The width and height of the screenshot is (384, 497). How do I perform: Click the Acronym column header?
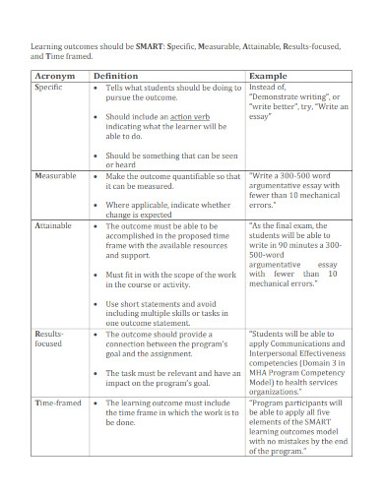pyautogui.click(x=54, y=75)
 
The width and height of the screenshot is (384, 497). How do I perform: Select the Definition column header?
pyautogui.click(x=114, y=75)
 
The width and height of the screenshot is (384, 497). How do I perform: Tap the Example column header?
pyautogui.click(x=269, y=75)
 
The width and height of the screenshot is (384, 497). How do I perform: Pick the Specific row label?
pyautogui.click(x=49, y=88)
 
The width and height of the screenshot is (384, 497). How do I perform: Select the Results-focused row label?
pyautogui.click(x=50, y=340)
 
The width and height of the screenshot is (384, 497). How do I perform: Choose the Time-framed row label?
pyautogui.click(x=57, y=403)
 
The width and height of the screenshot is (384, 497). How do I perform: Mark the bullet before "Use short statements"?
pyautogui.click(x=96, y=305)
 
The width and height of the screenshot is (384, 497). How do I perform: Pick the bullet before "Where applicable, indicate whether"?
pyautogui.click(x=96, y=205)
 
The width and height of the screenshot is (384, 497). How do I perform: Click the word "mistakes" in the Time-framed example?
pyautogui.click(x=295, y=440)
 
